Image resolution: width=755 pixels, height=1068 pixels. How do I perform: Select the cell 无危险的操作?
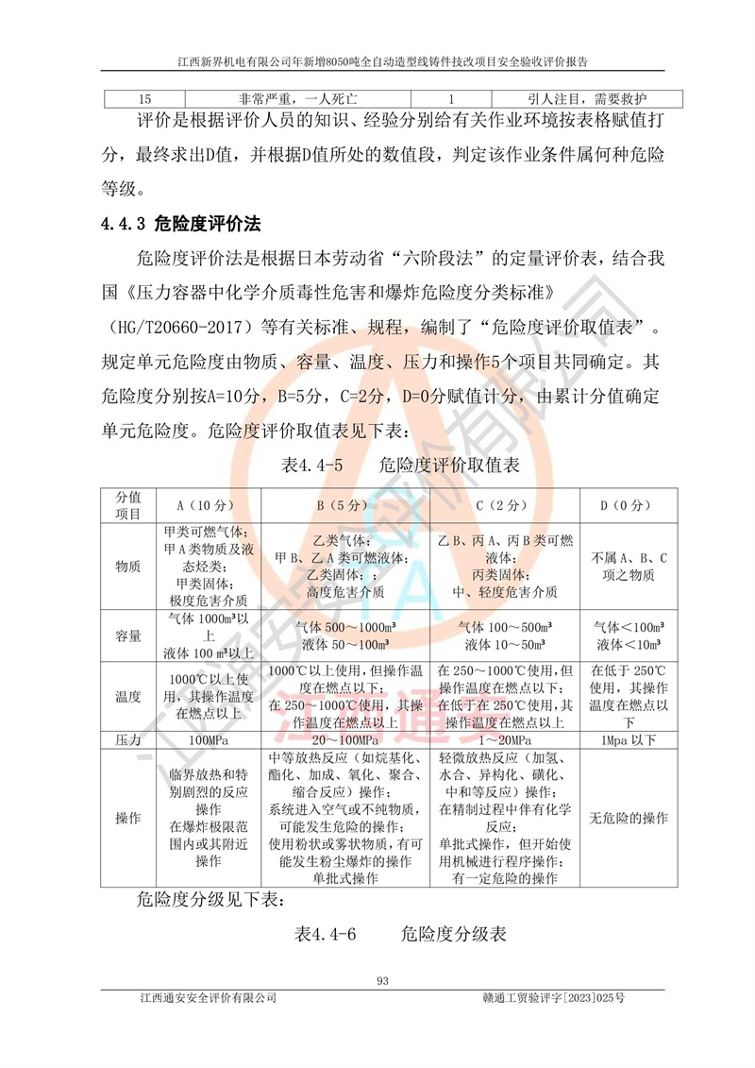pyautogui.click(x=623, y=818)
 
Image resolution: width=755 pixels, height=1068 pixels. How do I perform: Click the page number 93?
pyautogui.click(x=382, y=980)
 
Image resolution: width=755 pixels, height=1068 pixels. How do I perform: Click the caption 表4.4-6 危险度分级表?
pyautogui.click(x=401, y=935)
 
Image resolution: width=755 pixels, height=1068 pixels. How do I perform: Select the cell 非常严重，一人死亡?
pyautogui.click(x=298, y=98)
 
